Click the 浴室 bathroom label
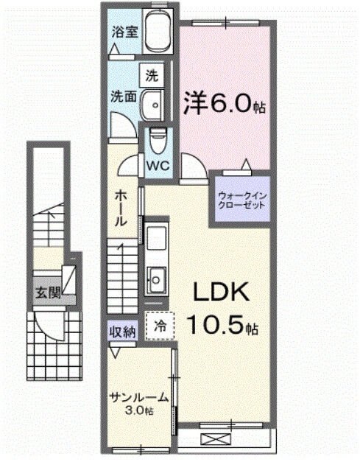(122, 32)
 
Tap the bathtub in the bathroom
(156, 32)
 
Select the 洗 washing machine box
(152, 75)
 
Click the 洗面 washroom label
(122, 96)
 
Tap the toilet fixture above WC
(157, 139)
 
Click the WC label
(158, 166)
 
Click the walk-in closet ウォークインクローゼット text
(241, 200)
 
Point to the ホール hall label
(122, 209)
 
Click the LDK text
(221, 293)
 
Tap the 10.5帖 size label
(220, 324)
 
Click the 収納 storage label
(123, 331)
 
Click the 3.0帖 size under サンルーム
(138, 410)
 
